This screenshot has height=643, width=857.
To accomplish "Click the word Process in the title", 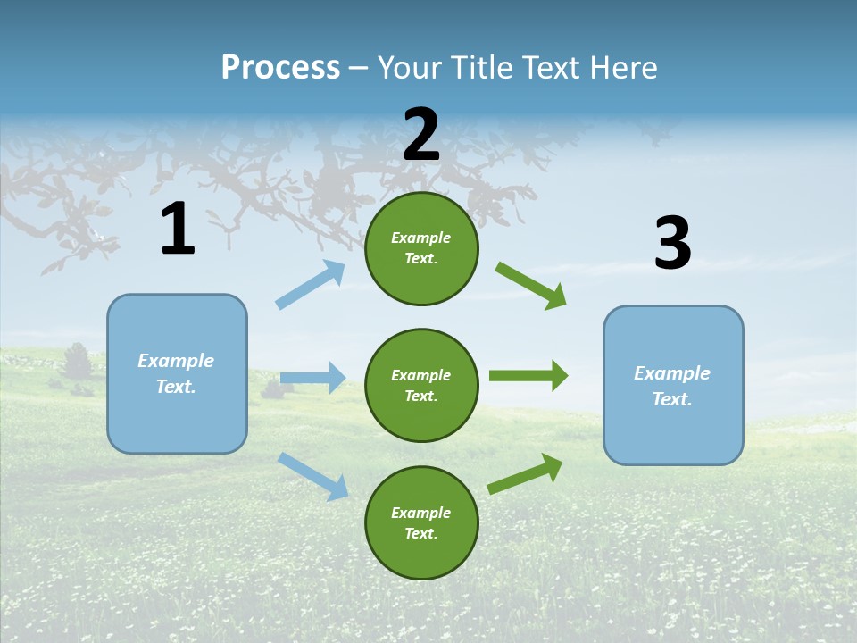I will (280, 68).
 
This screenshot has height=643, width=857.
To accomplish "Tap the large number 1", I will (178, 230).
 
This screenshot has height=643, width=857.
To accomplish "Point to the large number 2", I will (421, 135).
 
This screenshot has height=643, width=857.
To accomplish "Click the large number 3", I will (672, 244).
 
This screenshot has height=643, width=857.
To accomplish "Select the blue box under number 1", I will (177, 373).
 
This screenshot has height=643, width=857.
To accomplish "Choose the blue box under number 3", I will (673, 385).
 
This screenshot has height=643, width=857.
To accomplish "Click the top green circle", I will (421, 248).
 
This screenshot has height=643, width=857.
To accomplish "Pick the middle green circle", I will (421, 385).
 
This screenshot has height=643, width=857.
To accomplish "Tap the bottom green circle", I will (421, 522).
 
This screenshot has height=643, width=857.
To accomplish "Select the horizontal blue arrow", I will (312, 378).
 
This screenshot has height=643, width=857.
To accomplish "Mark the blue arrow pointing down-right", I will (313, 476).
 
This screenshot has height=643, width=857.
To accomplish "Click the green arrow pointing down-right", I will (531, 285).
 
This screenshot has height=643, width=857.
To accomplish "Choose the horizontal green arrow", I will (528, 376).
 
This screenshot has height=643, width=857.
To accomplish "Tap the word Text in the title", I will (552, 68).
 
